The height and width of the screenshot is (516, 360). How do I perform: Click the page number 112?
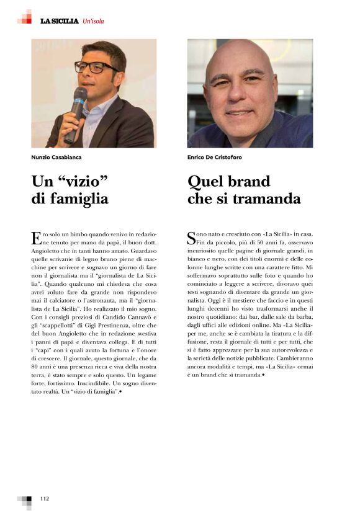click(45, 498)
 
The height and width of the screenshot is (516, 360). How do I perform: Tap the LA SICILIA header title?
click(59, 21)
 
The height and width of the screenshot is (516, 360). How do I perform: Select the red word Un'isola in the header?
click(93, 21)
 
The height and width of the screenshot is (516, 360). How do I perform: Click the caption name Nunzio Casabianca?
click(57, 158)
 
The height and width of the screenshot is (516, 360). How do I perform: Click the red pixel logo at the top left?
click(24, 17)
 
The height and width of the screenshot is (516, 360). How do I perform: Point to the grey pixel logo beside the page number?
click(25, 500)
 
